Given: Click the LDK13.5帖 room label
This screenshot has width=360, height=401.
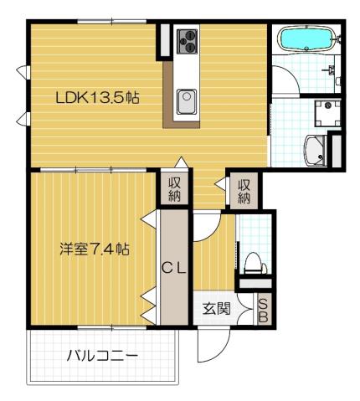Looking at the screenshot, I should tap(96, 97).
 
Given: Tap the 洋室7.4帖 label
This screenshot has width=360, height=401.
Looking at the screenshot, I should tap(94, 249).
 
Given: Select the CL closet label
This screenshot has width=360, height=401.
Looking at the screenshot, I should tap(173, 268).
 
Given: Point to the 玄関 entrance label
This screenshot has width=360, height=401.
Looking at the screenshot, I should tap(215, 308).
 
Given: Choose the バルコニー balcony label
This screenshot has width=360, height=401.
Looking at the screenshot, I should tap(101, 356).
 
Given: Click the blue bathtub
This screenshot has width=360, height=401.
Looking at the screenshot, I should tap(306, 40).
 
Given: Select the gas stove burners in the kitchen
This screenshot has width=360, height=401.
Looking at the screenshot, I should tap(186, 39).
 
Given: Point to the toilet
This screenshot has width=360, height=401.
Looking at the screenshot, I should tap(255, 263).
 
